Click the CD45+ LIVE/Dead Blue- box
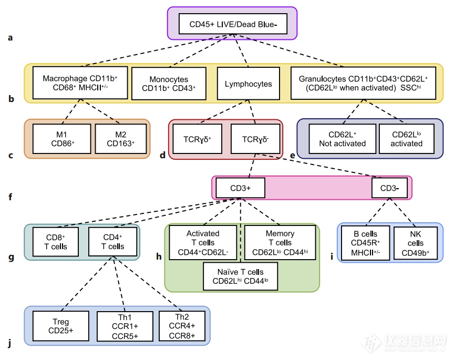(x=232, y=24)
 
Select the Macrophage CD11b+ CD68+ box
(x=80, y=83)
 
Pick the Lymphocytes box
(x=249, y=84)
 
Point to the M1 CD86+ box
(x=61, y=139)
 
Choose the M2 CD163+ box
(x=120, y=139)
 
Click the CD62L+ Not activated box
(x=342, y=139)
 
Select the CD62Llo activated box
(x=406, y=139)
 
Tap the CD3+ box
(x=239, y=188)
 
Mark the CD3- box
(x=389, y=188)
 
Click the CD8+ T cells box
(x=56, y=242)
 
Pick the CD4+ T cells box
(x=113, y=242)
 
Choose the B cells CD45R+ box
(x=365, y=243)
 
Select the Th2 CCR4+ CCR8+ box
(x=182, y=326)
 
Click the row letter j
(x=9, y=344)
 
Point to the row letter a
(x=9, y=38)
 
